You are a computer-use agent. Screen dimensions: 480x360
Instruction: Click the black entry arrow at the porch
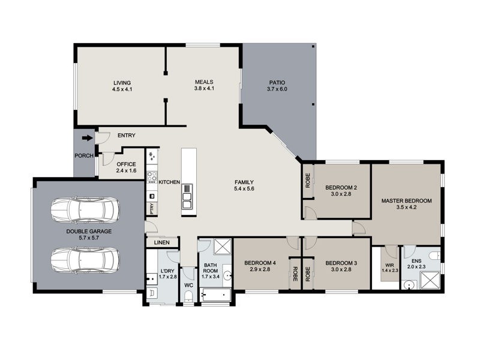point(87,138)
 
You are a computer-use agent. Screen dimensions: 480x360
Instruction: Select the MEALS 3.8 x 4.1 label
point(204,85)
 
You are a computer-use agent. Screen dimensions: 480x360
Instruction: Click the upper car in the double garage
point(85,210)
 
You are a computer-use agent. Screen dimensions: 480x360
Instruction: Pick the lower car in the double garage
point(85,260)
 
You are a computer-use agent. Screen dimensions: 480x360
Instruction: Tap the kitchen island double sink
point(187,197)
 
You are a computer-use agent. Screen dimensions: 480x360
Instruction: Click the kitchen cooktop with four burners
point(152,176)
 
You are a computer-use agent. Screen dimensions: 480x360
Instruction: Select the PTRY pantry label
point(152,209)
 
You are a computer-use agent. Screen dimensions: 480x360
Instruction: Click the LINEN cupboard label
point(161,242)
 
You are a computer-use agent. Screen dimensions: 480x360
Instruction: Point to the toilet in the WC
point(188,296)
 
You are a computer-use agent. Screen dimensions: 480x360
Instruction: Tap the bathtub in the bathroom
point(215,295)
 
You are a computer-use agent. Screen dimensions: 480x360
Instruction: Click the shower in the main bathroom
point(223,247)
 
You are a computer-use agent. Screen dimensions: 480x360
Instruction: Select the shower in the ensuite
point(430,280)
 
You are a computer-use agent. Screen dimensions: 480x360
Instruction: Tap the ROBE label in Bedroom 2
point(308,181)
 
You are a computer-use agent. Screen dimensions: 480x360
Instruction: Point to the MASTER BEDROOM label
point(406,204)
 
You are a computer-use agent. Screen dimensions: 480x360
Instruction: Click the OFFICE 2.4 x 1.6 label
point(126,167)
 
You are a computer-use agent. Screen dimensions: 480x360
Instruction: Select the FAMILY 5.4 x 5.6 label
point(244,185)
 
